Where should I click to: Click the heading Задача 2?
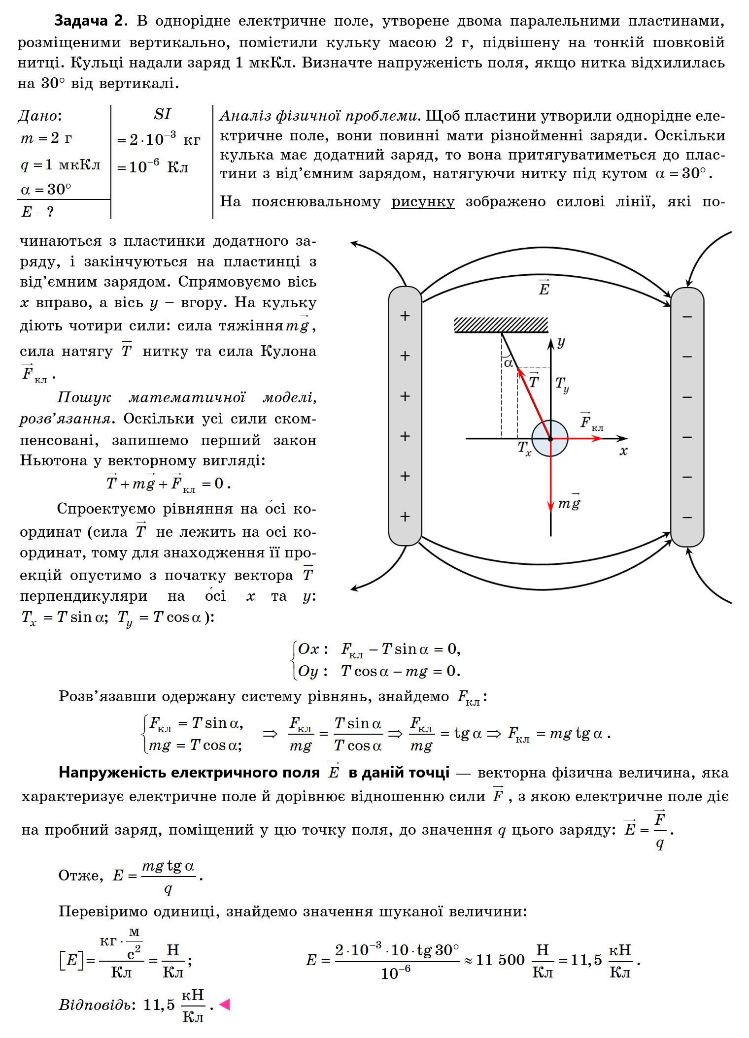coord(89,21)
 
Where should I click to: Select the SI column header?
coord(162,114)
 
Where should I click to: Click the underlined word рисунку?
coord(423,202)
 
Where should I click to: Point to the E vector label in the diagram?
coord(544,288)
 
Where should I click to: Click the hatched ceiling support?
coord(501,325)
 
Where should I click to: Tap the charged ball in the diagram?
coord(550,438)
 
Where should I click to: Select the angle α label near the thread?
coord(508,363)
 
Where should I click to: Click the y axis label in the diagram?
coord(561,341)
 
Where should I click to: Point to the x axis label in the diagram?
coord(623,451)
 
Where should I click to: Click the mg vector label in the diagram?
coord(569,503)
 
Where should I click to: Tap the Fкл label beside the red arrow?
coord(590,422)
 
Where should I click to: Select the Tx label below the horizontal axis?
coord(524,448)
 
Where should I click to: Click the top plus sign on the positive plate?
coord(405,316)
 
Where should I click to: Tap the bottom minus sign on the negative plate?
coord(687,517)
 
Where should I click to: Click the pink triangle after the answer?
coord(225,1004)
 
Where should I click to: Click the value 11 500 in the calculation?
coord(500,959)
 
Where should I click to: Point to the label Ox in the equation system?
coord(309,649)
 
